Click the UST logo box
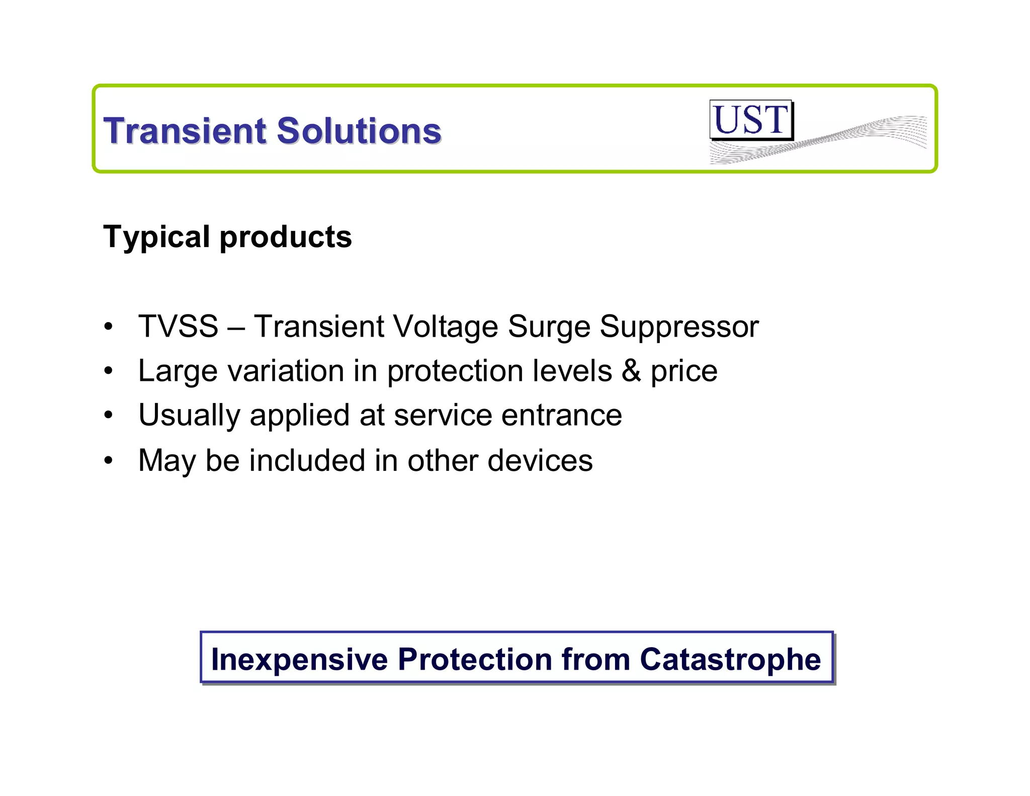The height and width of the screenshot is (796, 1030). tap(751, 120)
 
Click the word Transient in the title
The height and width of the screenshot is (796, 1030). tap(185, 131)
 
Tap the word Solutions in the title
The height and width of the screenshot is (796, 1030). tap(359, 131)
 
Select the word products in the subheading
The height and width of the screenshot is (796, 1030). tap(286, 237)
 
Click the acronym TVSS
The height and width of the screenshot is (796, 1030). tap(178, 326)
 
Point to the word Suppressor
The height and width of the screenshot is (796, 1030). tap(679, 327)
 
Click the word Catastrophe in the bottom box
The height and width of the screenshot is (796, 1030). tap(730, 659)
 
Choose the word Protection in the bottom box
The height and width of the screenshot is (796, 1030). tap(475, 659)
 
